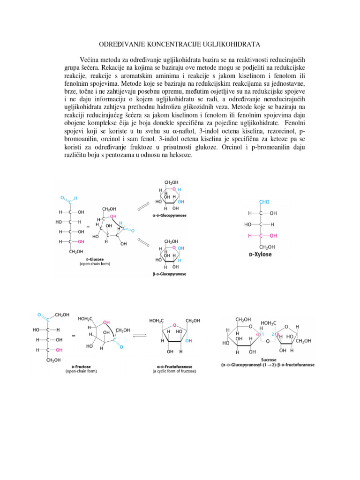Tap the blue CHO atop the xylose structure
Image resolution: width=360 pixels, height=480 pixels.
[264, 202]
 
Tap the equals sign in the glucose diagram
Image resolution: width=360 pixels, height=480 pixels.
[88, 226]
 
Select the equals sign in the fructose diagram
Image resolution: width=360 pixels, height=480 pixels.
[73, 336]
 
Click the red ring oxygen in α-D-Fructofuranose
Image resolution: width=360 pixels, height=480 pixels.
[174, 324]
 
